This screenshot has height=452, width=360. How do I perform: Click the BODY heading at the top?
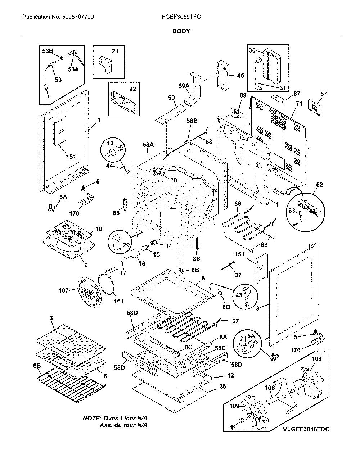(181, 31)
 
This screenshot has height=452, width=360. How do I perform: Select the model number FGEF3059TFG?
(181, 17)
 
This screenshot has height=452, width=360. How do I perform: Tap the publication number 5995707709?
(78, 17)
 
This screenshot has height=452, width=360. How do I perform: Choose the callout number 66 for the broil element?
(238, 204)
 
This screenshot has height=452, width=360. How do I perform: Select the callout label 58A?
(148, 145)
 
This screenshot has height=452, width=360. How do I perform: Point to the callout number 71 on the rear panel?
(299, 104)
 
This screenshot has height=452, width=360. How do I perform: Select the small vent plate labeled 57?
(315, 107)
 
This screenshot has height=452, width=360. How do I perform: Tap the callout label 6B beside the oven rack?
(37, 366)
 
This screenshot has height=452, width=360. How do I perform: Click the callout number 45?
(240, 76)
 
